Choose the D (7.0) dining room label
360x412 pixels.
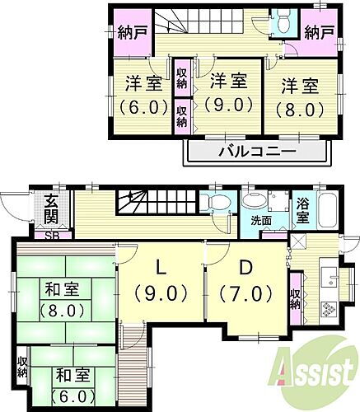(245, 281)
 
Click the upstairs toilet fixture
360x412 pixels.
(283, 19)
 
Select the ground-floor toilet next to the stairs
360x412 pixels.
(218, 203)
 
